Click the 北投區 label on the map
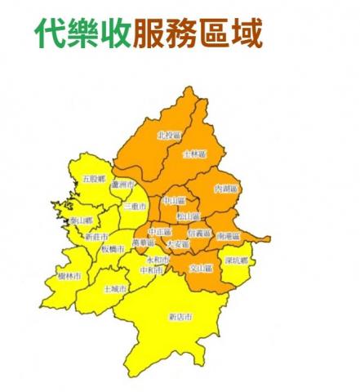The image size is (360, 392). tap(167, 136)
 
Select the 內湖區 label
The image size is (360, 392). tap(224, 189)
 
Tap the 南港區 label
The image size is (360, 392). tap(229, 235)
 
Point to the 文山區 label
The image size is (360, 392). tap(201, 267)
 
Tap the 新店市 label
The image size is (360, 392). tap(180, 316)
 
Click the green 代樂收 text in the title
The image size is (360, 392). tap(82, 33)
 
